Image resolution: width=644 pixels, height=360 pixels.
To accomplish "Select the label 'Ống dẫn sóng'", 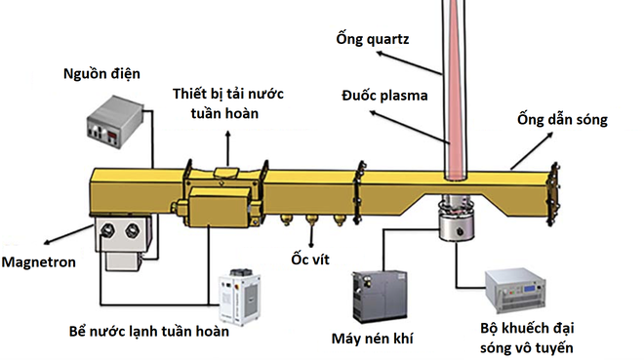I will click(562, 120).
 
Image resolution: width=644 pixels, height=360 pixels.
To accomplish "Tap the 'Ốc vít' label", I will click(309, 259).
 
